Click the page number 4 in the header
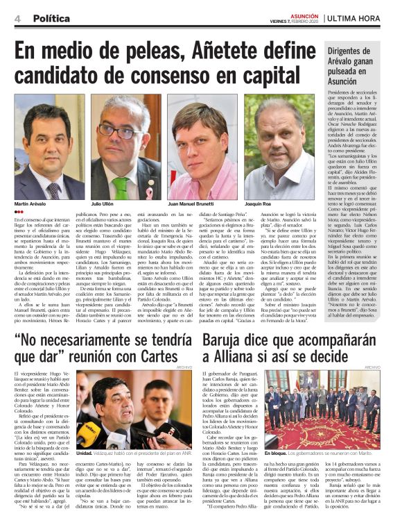point(17,19)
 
